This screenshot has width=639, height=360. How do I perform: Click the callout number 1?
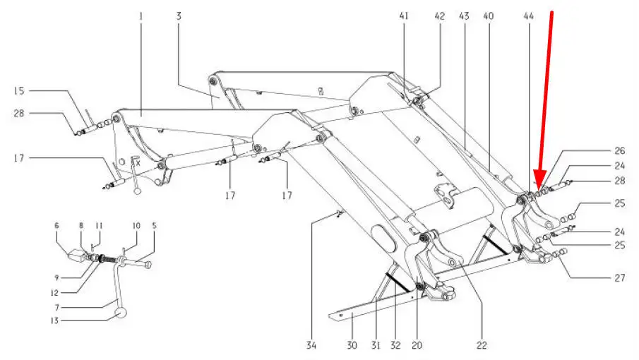tap(141, 15)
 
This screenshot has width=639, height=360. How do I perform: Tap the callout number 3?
tap(179, 15)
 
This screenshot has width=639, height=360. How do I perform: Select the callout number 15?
tap(19, 91)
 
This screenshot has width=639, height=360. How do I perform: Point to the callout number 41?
tap(405, 15)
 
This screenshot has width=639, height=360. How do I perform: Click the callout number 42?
tap(439, 15)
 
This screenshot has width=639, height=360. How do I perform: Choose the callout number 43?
tap(464, 15)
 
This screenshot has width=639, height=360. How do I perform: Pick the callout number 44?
tap(530, 15)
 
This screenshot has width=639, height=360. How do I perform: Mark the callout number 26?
tap(619, 150)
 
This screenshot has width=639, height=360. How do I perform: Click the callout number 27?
tap(619, 277)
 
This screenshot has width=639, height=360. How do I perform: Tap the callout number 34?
tap(311, 345)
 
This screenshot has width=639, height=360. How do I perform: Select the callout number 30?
tap(352, 345)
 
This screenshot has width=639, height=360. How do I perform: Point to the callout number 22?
tap(482, 345)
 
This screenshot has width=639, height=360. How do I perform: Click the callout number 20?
tap(417, 345)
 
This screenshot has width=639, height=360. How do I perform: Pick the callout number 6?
tap(57, 226)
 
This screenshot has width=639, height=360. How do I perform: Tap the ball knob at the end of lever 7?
tap(122, 313)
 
